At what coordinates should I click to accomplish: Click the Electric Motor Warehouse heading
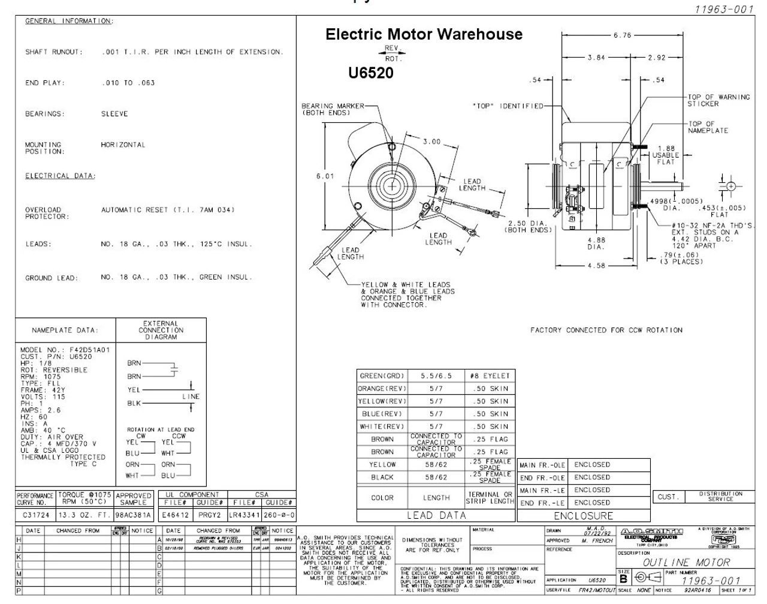pos(424,35)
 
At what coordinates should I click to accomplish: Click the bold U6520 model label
pos(371,73)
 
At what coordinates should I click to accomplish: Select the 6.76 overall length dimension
pos(622,35)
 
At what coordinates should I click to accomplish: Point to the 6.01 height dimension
pos(325,176)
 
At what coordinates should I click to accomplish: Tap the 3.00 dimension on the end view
pos(431,142)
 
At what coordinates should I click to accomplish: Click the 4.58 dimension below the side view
pos(596,266)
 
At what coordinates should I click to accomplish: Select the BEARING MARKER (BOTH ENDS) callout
pos(332,109)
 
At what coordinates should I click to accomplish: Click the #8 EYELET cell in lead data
pos(490,376)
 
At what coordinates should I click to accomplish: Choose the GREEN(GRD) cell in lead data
pos(382,376)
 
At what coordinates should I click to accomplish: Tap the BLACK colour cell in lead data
pos(382,477)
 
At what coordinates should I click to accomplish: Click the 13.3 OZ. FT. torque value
pos(84,515)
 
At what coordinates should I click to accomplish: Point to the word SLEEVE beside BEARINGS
pos(114,114)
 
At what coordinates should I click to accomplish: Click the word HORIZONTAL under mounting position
pos(123,145)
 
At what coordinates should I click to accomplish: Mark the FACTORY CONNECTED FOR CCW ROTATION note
pos(606,330)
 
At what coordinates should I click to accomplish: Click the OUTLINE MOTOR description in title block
pos(686,563)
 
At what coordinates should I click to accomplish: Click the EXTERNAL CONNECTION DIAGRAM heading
pos(161,330)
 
